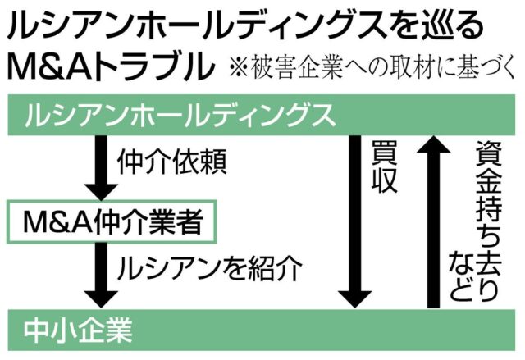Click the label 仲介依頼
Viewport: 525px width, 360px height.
click(167, 163)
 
